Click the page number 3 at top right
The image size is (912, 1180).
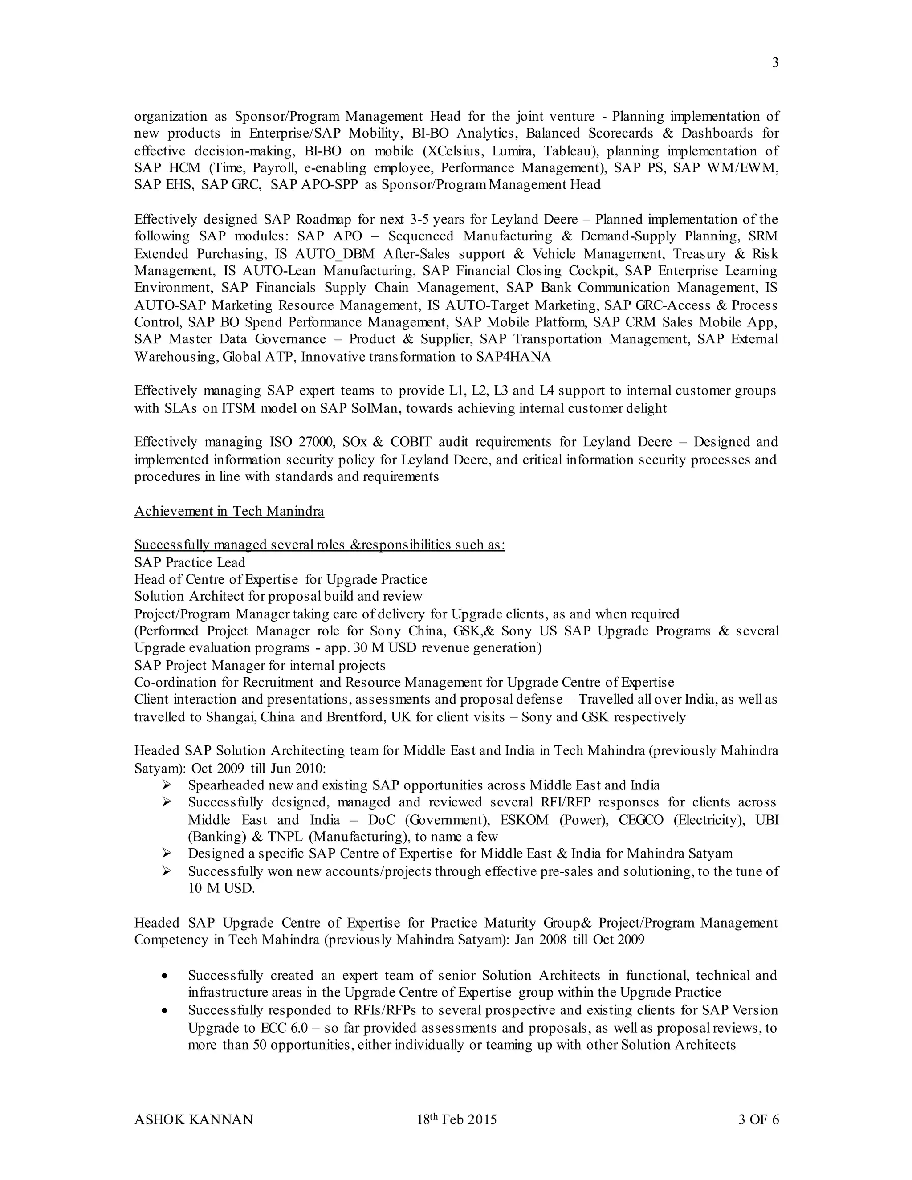[x=775, y=63]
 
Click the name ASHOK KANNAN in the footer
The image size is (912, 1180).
[x=193, y=1119]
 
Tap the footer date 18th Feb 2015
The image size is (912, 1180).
[x=456, y=1119]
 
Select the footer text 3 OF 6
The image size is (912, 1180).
[x=758, y=1119]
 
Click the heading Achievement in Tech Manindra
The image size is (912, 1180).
[x=229, y=511]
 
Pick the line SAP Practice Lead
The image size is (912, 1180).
[x=190, y=562]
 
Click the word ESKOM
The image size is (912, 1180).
[x=524, y=820]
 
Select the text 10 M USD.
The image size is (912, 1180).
[x=221, y=888]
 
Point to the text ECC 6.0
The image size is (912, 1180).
[x=284, y=1028]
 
